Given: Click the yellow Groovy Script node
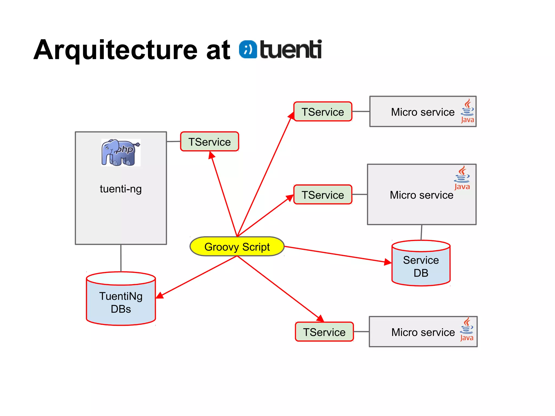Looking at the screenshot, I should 237,247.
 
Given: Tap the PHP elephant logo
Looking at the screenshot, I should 121,152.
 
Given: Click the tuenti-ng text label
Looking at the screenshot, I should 121,189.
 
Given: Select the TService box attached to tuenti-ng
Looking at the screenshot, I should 209,142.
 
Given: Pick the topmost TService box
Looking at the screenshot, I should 323,112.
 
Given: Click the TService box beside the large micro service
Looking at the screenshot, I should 323,195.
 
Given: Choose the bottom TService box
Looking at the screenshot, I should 324,332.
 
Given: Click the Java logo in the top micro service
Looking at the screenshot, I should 467,111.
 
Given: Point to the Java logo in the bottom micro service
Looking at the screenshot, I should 467,330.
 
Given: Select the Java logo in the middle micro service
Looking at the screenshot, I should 462,178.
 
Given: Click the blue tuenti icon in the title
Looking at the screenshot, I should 248,50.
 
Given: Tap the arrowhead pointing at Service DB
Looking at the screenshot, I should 388,262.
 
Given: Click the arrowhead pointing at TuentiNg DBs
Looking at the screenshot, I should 160,295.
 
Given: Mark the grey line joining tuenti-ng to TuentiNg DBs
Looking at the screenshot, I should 121,258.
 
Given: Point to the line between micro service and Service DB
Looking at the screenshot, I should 421,232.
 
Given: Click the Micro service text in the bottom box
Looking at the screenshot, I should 423,332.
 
